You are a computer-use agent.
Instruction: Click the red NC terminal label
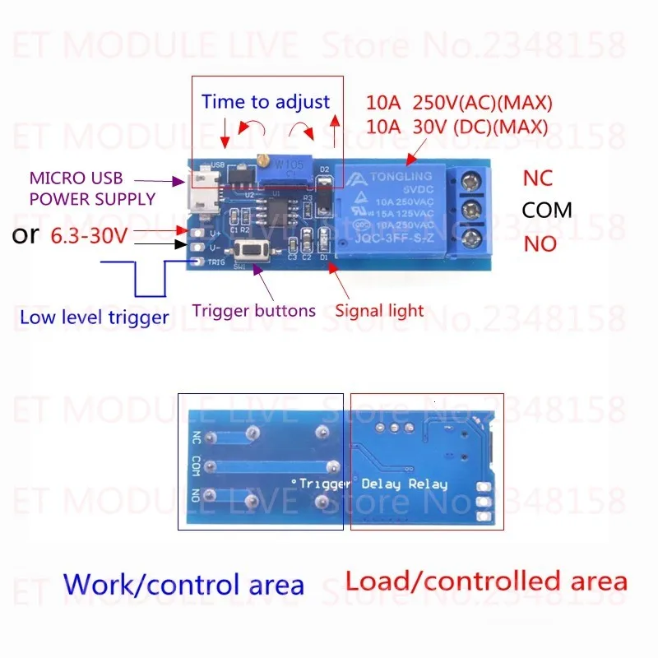pos(539,178)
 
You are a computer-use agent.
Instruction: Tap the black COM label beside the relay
pos(547,210)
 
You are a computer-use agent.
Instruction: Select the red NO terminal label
pos(540,244)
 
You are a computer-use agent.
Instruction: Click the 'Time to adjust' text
pos(265,102)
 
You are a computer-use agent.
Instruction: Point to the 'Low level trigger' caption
pos(94,317)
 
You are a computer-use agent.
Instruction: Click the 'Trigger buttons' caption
pos(253,311)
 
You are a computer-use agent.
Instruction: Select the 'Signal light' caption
pos(379,311)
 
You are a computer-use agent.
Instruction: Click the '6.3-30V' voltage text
pos(90,235)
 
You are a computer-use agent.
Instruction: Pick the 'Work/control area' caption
pos(183,584)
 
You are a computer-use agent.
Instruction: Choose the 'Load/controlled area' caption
pos(485,581)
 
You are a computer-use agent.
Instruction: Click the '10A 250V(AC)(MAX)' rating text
pos(459,104)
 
